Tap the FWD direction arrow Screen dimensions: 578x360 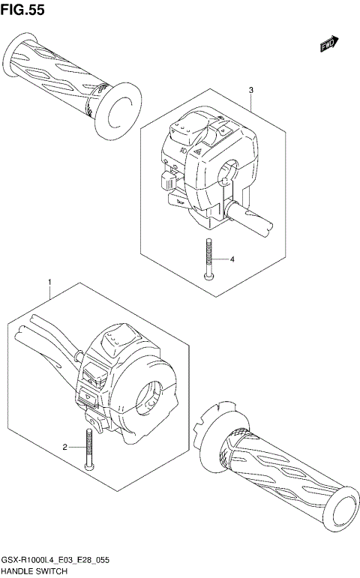[x=328, y=45]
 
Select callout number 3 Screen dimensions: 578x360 [x=251, y=90]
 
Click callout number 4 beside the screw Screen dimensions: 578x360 [x=232, y=259]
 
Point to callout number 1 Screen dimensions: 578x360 [x=50, y=283]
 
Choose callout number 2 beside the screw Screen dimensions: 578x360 [x=65, y=448]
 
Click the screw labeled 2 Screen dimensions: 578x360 [x=89, y=448]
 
